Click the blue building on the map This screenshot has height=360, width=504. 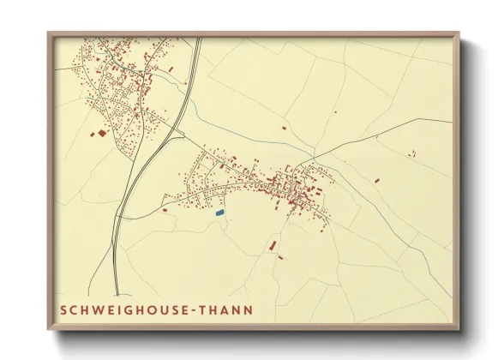pyautogui.click(x=219, y=212)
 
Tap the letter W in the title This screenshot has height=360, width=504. pyautogui.click(x=97, y=309)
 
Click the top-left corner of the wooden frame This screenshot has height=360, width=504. pyautogui.click(x=48, y=33)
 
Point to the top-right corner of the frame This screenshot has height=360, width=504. pyautogui.click(x=459, y=33)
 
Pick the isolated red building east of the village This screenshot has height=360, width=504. pyautogui.click(x=376, y=181)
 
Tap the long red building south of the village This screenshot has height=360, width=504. pyautogui.click(x=273, y=246)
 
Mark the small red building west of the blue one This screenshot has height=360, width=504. pyautogui.click(x=165, y=209)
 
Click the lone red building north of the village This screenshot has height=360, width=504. pyautogui.click(x=284, y=129)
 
